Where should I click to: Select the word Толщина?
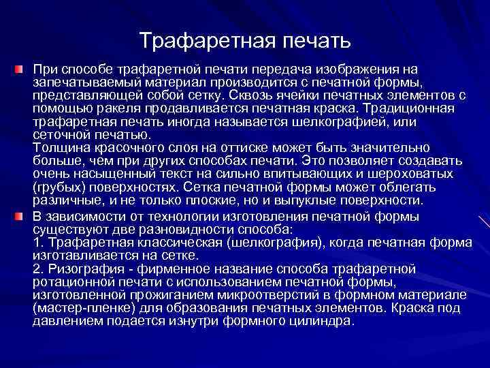coord(59,147)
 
